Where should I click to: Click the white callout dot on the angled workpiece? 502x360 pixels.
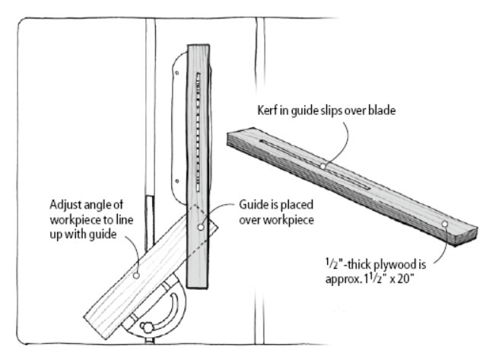(x=135, y=277)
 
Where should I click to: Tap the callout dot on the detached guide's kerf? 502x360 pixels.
(x=323, y=165)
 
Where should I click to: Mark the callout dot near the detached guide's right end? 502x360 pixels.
(x=443, y=224)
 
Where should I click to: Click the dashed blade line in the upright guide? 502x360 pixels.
(x=199, y=129)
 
